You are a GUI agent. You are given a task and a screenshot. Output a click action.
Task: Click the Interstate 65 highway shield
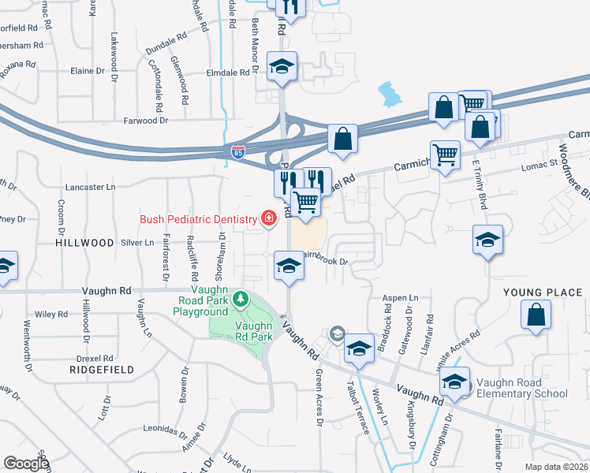pyautogui.click(x=238, y=150)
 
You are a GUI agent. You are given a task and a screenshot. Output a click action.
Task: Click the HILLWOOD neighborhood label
pyautogui.click(x=84, y=244)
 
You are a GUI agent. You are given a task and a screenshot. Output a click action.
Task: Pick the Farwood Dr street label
pyautogui.click(x=146, y=121)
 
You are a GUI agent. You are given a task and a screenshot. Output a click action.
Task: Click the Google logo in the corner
pyautogui.click(x=26, y=463)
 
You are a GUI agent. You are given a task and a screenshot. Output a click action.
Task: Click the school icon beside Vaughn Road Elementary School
pyautogui.click(x=455, y=382)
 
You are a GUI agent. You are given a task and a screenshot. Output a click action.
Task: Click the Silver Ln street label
pyautogui.click(x=137, y=243)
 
